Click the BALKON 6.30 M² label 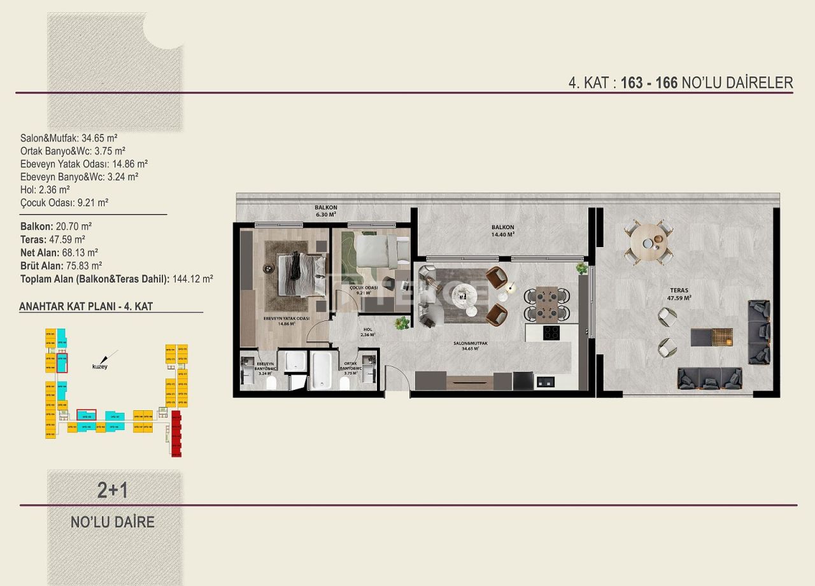pyautogui.click(x=325, y=211)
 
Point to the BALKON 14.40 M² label pyautogui.click(x=502, y=231)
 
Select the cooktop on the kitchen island pyautogui.click(x=551, y=332)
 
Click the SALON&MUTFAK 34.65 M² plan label pyautogui.click(x=471, y=346)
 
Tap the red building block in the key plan pyautogui.click(x=176, y=434)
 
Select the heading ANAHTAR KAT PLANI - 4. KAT pyautogui.click(x=86, y=306)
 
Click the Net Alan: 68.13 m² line pyautogui.click(x=59, y=252)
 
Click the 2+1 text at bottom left pyautogui.click(x=113, y=490)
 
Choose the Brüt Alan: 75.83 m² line pyautogui.click(x=61, y=266)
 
